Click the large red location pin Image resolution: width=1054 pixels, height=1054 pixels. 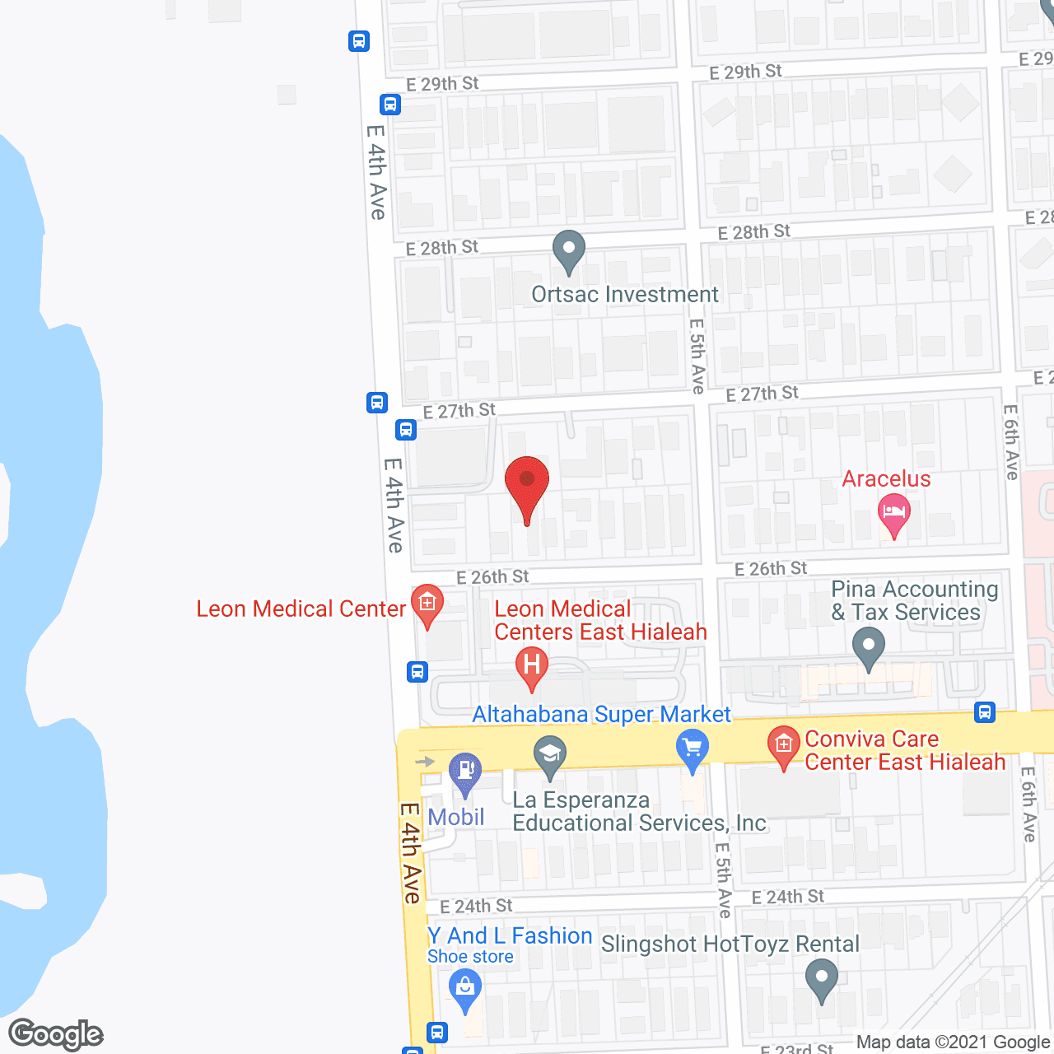point(526,486)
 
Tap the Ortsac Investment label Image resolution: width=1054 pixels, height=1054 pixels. point(624,295)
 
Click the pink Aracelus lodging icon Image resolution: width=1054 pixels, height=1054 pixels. point(893,515)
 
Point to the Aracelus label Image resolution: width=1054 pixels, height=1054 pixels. point(886,478)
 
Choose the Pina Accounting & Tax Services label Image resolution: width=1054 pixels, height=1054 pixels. point(914,600)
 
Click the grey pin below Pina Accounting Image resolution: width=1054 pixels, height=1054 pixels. point(868,646)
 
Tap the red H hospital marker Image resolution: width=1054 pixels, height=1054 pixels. point(532,666)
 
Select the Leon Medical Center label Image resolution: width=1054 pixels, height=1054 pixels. point(301,609)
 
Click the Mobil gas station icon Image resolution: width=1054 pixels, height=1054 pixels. point(465,772)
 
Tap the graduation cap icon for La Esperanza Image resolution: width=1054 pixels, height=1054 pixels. point(550,755)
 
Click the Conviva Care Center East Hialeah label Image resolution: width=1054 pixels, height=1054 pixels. point(904,750)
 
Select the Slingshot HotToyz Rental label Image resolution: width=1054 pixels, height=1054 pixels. point(730,944)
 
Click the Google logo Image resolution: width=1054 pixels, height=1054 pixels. point(55,1034)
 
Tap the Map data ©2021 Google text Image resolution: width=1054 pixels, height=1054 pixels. point(954,1042)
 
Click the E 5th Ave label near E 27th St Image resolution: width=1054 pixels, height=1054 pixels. point(697,356)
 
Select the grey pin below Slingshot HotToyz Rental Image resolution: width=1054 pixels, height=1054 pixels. point(821,981)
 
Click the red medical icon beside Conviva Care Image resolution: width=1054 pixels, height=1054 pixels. point(783,745)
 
